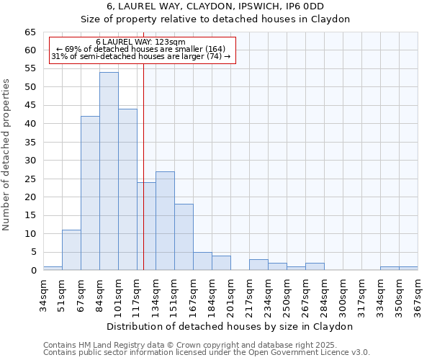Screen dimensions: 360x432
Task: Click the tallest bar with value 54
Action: click(x=109, y=171)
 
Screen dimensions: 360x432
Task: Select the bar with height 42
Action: click(x=90, y=193)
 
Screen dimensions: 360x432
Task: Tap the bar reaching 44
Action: click(x=127, y=189)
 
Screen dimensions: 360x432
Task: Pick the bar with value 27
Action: click(x=165, y=220)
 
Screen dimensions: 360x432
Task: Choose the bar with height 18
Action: click(x=184, y=237)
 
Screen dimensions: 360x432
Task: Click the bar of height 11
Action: click(x=71, y=250)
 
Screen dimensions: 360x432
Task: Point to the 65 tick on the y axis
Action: click(x=30, y=32)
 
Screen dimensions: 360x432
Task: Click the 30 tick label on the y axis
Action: click(x=30, y=161)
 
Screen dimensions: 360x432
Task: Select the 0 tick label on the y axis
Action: click(x=32, y=271)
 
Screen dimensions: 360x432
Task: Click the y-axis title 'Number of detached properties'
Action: click(x=6, y=154)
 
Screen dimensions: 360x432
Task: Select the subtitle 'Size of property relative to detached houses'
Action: click(x=215, y=19)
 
